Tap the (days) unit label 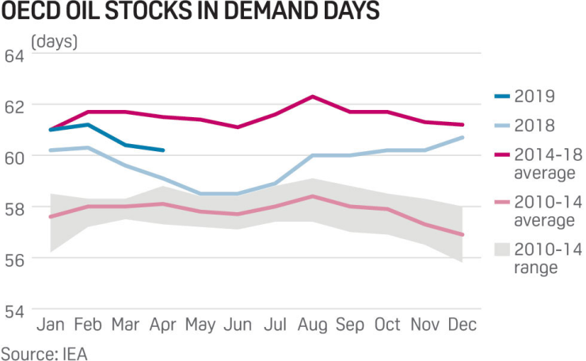pyautogui.click(x=54, y=41)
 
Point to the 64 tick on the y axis pyautogui.click(x=14, y=56)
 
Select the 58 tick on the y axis pyautogui.click(x=14, y=208)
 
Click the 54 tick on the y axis pyautogui.click(x=14, y=310)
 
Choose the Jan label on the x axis pyautogui.click(x=50, y=325)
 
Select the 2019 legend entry pyautogui.click(x=535, y=97)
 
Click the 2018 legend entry pyautogui.click(x=535, y=125)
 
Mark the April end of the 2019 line pyautogui.click(x=163, y=150)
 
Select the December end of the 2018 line pyautogui.click(x=462, y=138)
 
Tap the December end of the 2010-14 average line pyautogui.click(x=462, y=234)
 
